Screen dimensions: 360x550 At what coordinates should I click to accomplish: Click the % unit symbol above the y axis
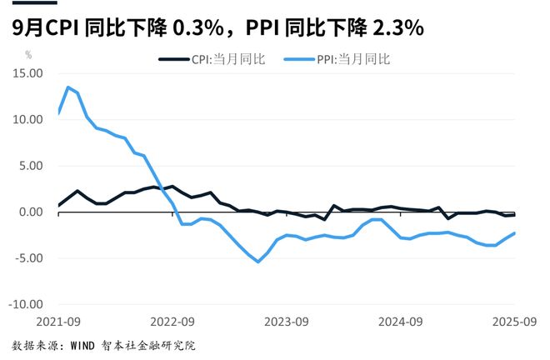coord(28,55)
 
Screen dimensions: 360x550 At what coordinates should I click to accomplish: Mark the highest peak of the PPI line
coord(68,87)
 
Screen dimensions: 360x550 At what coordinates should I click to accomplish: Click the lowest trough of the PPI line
coord(258,262)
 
